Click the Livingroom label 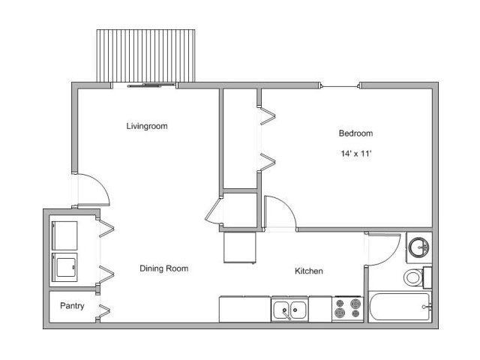click(x=147, y=126)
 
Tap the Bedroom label click(x=355, y=133)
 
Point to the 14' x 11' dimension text click(x=355, y=154)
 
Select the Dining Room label click(x=164, y=268)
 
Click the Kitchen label click(x=308, y=271)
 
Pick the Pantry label click(x=72, y=306)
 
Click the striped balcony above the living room click(x=146, y=56)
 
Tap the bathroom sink click(x=418, y=246)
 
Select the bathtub click(x=398, y=307)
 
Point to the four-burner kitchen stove click(x=346, y=309)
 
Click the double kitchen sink click(x=290, y=309)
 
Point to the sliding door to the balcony click(x=146, y=85)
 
